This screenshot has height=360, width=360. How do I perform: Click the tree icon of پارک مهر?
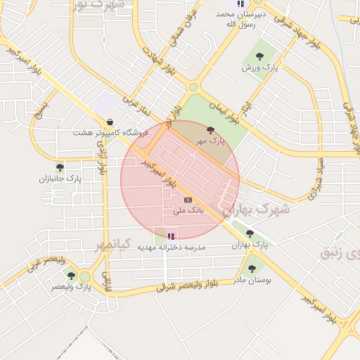tap(210, 129)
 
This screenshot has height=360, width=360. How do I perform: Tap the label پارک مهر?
tap(211, 141)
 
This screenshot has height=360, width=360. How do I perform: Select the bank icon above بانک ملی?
tap(187, 200)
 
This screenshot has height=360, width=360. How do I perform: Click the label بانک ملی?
tap(187, 210)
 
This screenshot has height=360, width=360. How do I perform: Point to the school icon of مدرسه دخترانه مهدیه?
tap(171, 236)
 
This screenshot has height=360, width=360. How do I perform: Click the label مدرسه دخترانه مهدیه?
tap(171, 247)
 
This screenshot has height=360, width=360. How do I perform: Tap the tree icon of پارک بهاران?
tap(250, 233)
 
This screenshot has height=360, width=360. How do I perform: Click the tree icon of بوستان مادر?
tap(252, 269)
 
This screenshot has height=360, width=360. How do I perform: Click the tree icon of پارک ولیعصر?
tap(71, 275)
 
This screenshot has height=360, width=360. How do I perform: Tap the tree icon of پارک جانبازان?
tap(60, 167)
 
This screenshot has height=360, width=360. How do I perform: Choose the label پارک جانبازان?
tap(60, 179)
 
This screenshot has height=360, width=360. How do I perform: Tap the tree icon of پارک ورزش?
tap(259, 56)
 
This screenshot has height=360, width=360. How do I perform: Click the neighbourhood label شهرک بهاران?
tap(256, 209)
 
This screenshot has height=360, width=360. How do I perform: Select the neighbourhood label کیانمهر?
tap(113, 245)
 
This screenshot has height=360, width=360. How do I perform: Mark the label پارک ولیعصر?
tap(72, 286)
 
